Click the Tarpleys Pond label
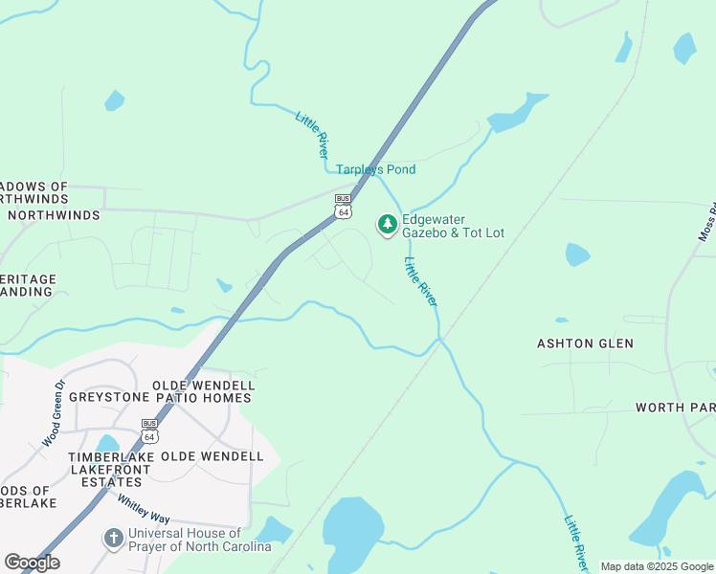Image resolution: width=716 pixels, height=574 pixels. pos(375,169)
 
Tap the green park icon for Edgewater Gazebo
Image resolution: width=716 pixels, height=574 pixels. pos(387,225)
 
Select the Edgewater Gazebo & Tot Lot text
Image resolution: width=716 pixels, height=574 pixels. pos(453,225)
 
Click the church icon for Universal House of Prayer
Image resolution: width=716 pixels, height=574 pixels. pos(113,539)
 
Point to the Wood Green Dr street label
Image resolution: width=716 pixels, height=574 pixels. pos(54,414)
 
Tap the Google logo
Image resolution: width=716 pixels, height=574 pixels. pos(32,563)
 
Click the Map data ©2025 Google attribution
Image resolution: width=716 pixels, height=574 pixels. pos(658,566)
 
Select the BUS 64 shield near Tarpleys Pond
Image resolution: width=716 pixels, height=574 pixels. pos(343,207)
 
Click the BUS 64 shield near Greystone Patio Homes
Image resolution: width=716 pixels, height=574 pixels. pos(149,431)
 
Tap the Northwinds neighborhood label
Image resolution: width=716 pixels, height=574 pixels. pos(54,215)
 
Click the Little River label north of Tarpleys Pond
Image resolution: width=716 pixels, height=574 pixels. pos(313,135)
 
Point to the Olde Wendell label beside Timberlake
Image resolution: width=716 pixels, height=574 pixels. pos(212,456)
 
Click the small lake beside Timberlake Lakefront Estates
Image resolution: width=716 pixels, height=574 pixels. pos(107,443)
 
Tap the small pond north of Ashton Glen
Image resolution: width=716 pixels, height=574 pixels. pos(577,254)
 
